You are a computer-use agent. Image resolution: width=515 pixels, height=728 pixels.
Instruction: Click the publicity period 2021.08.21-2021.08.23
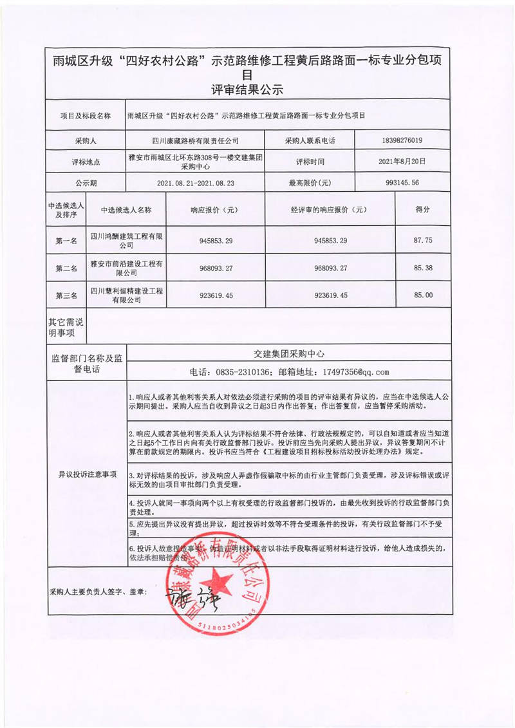coord(195,183)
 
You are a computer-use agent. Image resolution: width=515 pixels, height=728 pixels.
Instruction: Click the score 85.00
coord(422,295)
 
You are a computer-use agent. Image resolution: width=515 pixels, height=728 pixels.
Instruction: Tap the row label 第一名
coord(66,241)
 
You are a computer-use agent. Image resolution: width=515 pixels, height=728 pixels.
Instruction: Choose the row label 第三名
coord(66,295)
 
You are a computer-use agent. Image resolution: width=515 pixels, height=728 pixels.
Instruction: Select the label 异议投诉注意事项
coord(86,474)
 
